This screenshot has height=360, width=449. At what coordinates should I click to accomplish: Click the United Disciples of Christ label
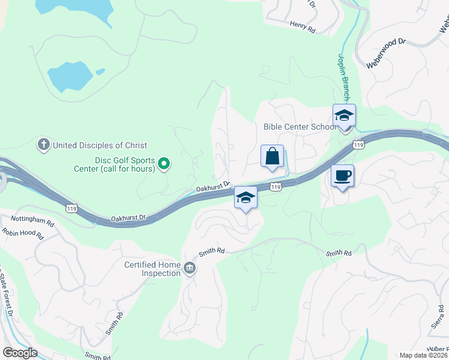coord(100,145)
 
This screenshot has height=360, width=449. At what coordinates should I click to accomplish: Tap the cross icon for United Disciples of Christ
coord(43,145)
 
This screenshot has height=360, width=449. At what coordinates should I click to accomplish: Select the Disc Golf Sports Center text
coord(124,164)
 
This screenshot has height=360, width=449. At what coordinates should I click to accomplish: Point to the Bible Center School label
coord(300,127)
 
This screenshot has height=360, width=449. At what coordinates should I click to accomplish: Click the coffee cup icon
coord(342,176)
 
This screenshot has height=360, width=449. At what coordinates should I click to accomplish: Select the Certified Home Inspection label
coord(152,269)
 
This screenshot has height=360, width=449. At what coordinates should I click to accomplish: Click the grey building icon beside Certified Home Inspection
coord(190,268)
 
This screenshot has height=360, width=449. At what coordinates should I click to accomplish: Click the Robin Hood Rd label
coord(23,233)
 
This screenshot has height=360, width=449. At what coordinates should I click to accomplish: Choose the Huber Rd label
coord(436,350)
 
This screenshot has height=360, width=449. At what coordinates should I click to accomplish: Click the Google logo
coord(19,353)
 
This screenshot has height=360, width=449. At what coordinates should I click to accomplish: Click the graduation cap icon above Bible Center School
coord(345,115)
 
